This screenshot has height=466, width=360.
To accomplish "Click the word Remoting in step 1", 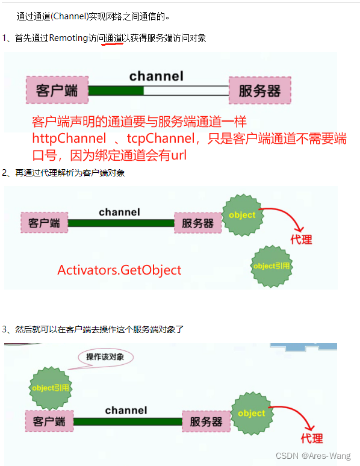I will (69, 39).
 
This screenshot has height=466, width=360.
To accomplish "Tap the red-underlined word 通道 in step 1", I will (113, 39).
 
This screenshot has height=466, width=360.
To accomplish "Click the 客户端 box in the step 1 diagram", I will (57, 91).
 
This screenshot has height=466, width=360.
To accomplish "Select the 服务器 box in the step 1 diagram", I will (259, 91).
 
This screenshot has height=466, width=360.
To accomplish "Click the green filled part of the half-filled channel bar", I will (116, 91).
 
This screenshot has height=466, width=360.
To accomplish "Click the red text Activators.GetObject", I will (119, 270).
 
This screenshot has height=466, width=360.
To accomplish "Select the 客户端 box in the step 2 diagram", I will (44, 223).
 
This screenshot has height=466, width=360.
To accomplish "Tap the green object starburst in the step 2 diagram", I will (242, 215).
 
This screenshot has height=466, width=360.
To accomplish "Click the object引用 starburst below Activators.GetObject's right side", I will (271, 266).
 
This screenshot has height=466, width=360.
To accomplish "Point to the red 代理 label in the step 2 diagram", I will (301, 240).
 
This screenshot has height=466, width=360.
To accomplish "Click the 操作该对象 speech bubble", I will (105, 358).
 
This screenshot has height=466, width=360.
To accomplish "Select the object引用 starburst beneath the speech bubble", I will (51, 388).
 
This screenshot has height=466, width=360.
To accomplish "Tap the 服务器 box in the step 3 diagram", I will (206, 421).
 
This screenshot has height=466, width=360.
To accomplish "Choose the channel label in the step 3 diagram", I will (126, 410).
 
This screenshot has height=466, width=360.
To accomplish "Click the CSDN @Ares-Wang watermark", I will (312, 456).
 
